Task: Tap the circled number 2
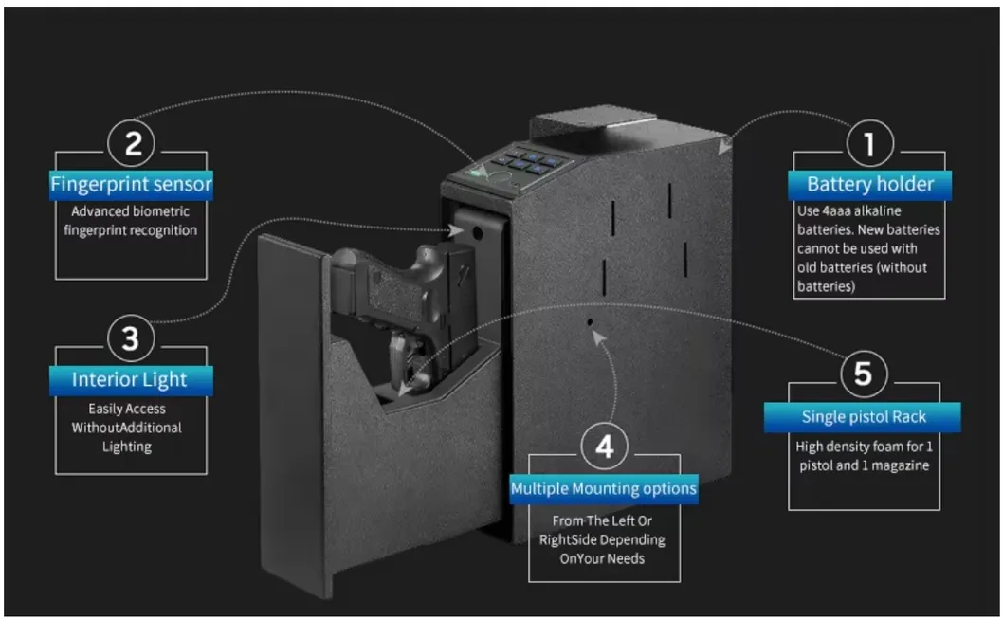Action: (133, 144)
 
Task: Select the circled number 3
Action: (131, 338)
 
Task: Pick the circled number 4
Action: (604, 447)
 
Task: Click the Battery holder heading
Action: (869, 184)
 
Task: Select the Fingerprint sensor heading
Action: (131, 183)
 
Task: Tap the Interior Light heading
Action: (131, 380)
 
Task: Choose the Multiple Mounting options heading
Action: (604, 489)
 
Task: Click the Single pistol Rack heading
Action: (864, 417)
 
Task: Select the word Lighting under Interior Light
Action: (127, 447)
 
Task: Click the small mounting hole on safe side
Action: (590, 322)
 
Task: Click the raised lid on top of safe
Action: (592, 123)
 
